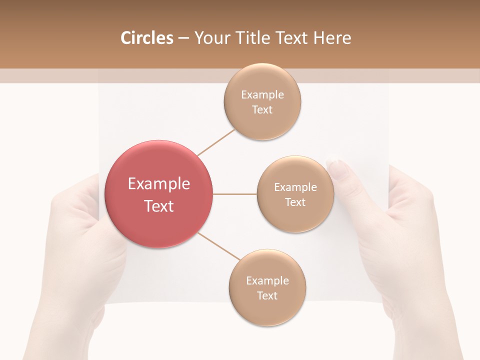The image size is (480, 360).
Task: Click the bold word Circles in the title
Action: (x=146, y=38)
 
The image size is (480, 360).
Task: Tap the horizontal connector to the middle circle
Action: (x=234, y=194)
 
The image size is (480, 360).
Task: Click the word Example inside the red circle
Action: (x=158, y=184)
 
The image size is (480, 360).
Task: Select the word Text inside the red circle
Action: (x=158, y=206)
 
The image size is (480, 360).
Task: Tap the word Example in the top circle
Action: (x=262, y=95)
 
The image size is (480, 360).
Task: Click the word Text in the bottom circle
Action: (x=267, y=295)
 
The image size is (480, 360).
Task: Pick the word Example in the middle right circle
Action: (x=295, y=187)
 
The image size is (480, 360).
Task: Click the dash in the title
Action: (x=183, y=38)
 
